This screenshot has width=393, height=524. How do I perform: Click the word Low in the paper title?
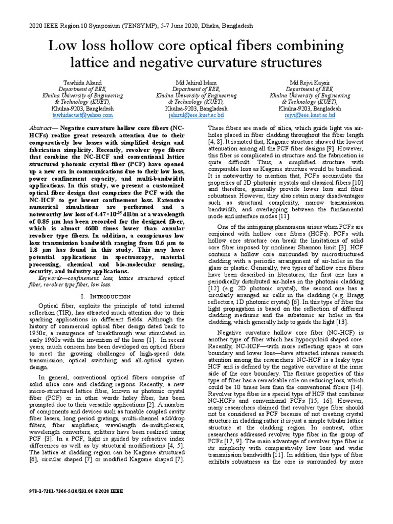(62, 47)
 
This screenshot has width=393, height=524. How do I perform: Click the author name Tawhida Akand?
(82, 83)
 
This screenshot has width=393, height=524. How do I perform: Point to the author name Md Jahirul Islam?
(196, 83)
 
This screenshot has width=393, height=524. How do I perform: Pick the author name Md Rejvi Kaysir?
(310, 83)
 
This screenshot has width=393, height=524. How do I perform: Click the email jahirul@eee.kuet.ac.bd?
(196, 116)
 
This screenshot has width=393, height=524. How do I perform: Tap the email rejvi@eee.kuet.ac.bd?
(310, 116)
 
